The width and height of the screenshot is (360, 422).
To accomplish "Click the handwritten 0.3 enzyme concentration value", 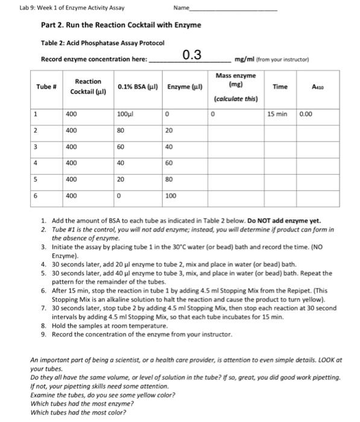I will [x=192, y=56].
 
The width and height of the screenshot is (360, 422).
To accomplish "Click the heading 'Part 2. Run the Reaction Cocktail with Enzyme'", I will [x=121, y=25].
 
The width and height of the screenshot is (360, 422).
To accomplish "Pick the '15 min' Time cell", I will [x=278, y=113].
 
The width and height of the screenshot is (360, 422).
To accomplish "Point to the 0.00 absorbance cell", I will [x=307, y=113].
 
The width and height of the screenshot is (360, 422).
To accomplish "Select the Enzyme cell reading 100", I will [x=172, y=196].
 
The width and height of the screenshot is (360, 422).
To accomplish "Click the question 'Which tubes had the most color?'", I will [x=78, y=412].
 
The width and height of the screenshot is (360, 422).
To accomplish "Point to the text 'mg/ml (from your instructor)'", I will [x=275, y=59].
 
